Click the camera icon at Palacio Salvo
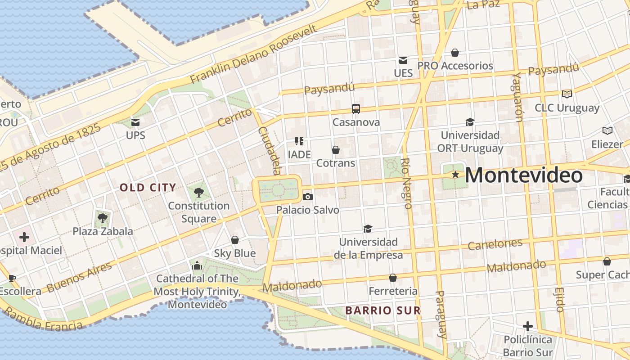coord(308,197)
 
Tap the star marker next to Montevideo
coord(455,174)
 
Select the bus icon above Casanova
coord(356,109)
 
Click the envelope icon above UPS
coord(135,122)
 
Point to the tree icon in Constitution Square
coord(198,193)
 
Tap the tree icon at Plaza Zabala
coord(103,218)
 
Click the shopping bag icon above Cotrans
coord(335,150)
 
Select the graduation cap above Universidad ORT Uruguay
coord(470,122)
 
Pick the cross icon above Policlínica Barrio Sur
coord(528,326)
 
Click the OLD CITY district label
coord(148,188)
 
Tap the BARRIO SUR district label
coord(383,310)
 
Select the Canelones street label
coord(495,244)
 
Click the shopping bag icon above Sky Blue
coord(234,240)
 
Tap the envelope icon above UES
coord(403,60)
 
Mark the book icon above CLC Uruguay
coord(567,94)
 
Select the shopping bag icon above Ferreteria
coord(393,278)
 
